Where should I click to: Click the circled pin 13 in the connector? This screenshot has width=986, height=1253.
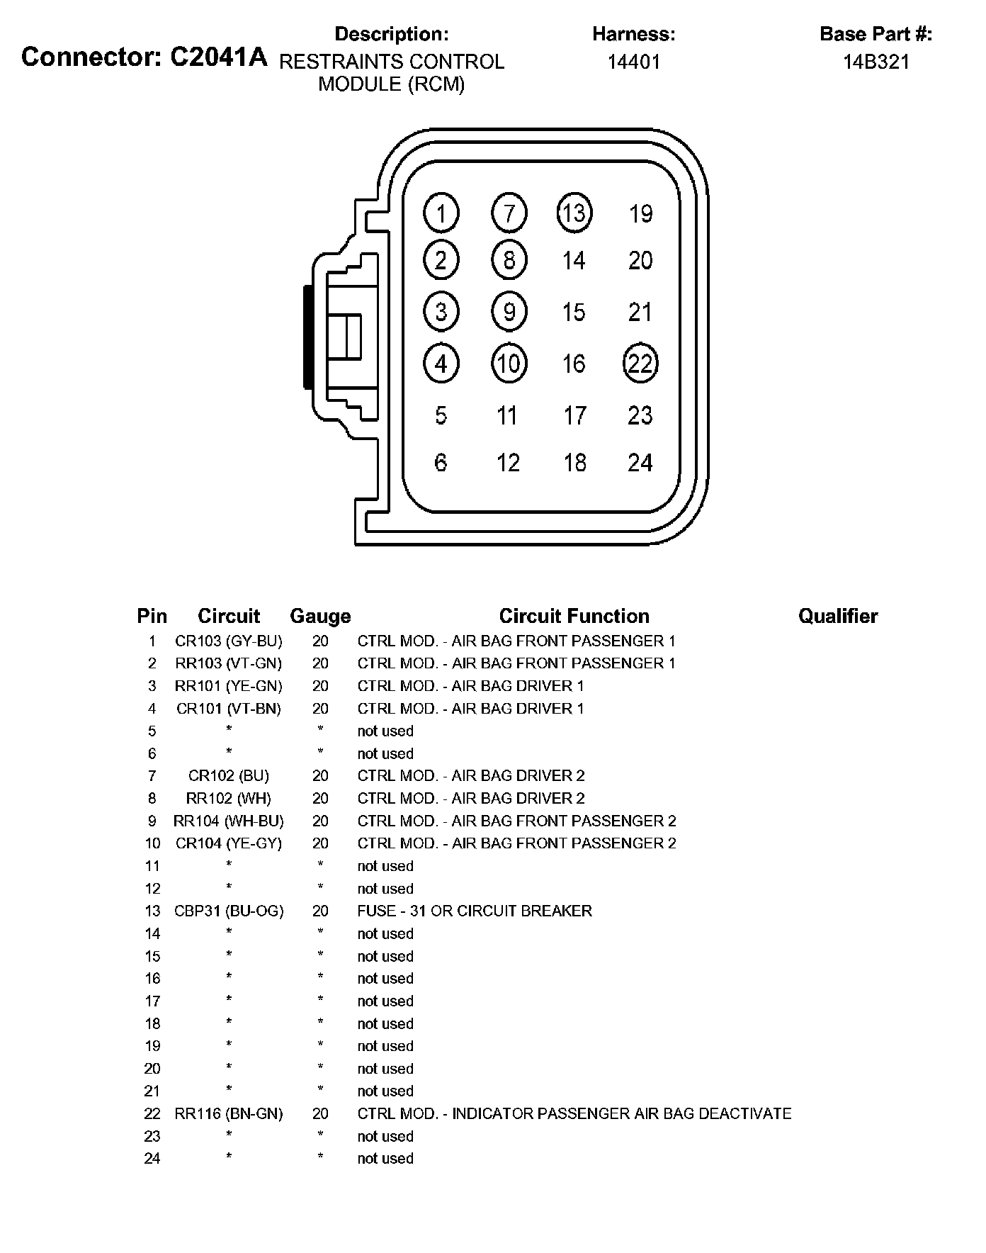point(574,213)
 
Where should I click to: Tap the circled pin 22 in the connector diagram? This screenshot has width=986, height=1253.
point(640,364)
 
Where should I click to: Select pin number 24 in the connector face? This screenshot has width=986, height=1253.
point(640,463)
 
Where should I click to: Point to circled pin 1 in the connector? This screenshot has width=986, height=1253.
point(441,213)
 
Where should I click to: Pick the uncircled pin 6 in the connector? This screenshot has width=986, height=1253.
point(441,463)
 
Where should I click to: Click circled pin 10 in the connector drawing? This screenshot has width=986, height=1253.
point(509,364)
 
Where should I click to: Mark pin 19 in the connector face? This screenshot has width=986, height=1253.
point(640,213)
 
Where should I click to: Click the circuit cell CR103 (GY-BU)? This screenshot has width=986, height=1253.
point(228,641)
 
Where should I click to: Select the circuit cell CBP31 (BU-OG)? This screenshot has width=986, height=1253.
point(228,911)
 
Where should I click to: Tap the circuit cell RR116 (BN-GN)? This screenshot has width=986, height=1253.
point(228,1113)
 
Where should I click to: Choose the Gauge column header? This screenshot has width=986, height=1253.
point(320,617)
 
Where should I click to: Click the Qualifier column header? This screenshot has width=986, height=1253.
point(838,617)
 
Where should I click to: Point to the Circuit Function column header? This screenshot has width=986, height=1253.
point(574,617)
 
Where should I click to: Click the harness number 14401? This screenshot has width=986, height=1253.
point(633,62)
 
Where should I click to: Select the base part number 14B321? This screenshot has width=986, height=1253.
point(875,62)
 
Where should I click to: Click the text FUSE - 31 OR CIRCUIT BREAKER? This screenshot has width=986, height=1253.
point(474,911)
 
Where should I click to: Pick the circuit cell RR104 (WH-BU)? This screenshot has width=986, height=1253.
point(228,821)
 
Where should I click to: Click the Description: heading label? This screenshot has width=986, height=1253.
point(391,34)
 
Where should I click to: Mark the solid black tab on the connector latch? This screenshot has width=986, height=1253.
point(307,337)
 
